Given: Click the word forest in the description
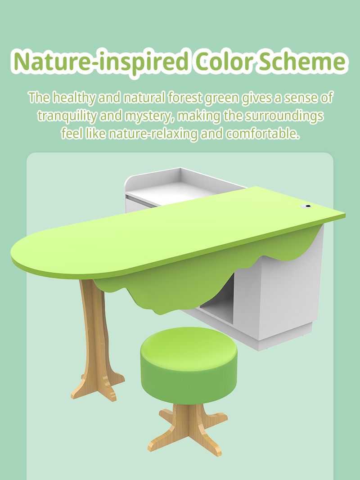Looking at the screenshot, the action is tap(185, 98).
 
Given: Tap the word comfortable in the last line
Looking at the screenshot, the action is tap(262, 134).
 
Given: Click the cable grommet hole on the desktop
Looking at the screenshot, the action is tap(306, 206).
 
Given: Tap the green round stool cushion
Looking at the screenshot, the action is tap(189, 365).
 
